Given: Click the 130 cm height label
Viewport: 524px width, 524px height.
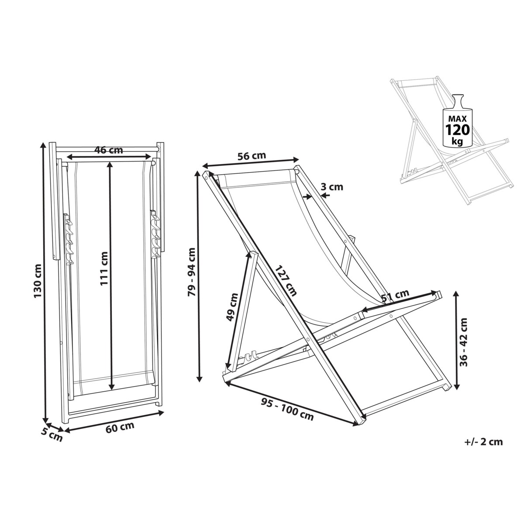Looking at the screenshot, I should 39,282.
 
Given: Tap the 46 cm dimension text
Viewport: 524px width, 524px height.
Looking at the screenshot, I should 109,150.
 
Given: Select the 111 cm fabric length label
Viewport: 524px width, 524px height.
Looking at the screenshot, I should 104,269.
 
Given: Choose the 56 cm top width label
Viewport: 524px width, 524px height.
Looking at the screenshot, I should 251,156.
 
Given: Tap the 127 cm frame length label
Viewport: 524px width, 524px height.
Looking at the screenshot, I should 286,280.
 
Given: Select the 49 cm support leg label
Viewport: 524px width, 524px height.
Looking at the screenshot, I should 233,308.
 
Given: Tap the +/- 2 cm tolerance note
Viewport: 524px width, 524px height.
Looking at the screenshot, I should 483,442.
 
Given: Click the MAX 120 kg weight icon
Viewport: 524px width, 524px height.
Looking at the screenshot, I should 457,121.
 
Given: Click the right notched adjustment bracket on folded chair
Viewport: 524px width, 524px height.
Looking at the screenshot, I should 155,236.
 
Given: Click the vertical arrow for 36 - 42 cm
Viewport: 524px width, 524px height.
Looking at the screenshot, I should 456,341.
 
